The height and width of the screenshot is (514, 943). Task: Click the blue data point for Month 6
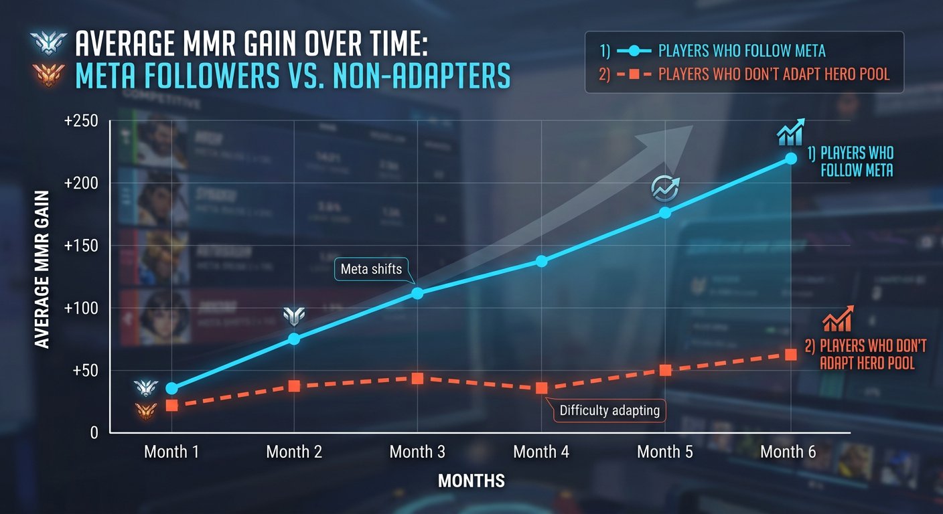tap(790, 159)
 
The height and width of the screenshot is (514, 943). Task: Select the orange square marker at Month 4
tap(541, 388)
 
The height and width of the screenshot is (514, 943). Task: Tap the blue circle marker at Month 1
tap(171, 388)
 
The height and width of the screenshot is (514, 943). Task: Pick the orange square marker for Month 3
tap(417, 378)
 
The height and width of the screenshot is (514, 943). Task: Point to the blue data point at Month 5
tap(665, 212)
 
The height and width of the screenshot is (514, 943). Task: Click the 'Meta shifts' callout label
tap(371, 270)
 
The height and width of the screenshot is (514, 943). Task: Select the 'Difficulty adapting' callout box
tap(609, 410)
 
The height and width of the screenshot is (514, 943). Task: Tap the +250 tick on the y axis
tap(82, 120)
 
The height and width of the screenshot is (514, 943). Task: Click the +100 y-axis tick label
tap(82, 308)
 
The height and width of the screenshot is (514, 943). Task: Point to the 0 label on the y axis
tap(94, 433)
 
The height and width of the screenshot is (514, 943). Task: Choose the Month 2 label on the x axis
tap(294, 452)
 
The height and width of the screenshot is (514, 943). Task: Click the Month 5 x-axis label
tap(665, 452)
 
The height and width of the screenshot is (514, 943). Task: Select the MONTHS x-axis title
tap(471, 481)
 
